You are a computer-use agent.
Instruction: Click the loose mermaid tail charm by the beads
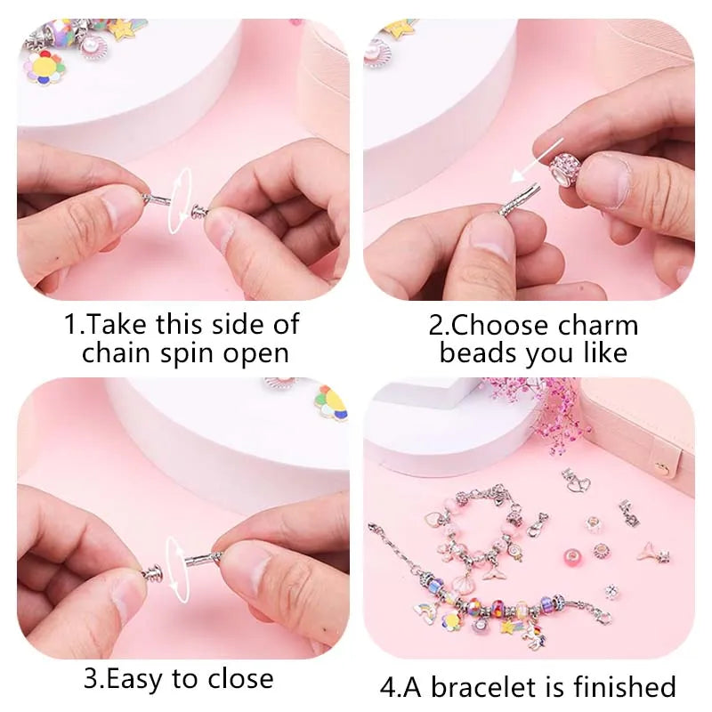tap(654, 551)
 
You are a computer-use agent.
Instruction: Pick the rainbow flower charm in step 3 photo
tap(331, 401)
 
